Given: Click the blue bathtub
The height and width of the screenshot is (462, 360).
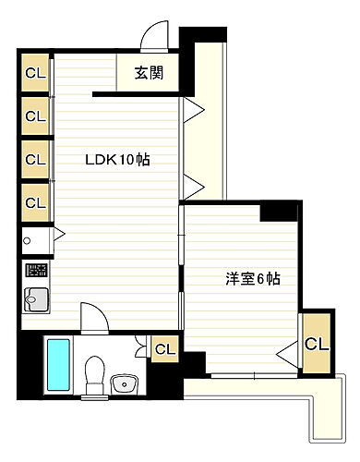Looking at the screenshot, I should click(x=57, y=365).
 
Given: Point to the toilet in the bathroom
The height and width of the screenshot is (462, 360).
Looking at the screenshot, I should click(x=92, y=372).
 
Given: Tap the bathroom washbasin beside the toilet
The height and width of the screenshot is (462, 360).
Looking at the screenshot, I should click(x=122, y=383).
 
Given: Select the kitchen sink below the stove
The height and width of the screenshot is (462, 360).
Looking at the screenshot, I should click(x=36, y=300).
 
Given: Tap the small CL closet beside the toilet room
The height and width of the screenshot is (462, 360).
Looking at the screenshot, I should click(x=165, y=349).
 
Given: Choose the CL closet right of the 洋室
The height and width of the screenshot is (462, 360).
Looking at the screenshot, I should click(x=315, y=345).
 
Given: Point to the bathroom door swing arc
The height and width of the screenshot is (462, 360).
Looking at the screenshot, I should click(x=95, y=318).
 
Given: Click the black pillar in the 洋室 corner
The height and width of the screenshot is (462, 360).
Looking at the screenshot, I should click(x=278, y=212).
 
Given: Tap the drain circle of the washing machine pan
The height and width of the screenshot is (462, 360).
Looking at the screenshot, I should click(x=29, y=242).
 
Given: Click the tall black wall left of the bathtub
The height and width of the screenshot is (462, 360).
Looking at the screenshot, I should click(x=30, y=365).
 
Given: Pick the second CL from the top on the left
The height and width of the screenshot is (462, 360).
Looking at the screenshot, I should click(x=35, y=116).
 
